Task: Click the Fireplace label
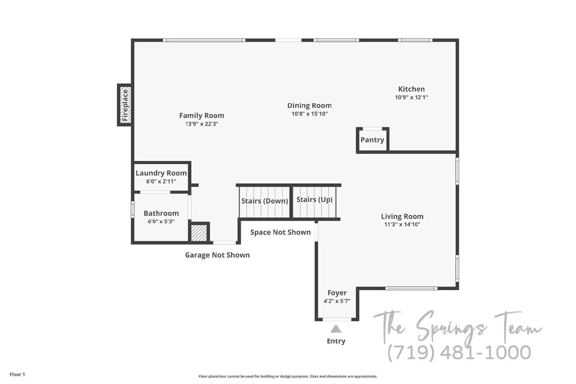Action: click(x=125, y=105)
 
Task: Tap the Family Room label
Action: click(x=202, y=116)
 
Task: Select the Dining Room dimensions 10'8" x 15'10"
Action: click(x=310, y=114)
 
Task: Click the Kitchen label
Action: click(x=411, y=89)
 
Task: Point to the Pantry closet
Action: click(x=372, y=140)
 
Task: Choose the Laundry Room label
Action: click(x=161, y=173)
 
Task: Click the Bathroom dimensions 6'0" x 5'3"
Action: click(x=161, y=222)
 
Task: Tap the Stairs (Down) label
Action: click(x=265, y=201)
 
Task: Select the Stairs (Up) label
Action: click(x=314, y=199)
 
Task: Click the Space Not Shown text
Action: click(x=280, y=232)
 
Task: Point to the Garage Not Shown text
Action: click(x=217, y=255)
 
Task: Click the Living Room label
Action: click(x=402, y=216)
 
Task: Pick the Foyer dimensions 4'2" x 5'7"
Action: click(x=337, y=301)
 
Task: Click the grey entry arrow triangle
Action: click(x=336, y=329)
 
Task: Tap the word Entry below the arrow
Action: click(x=336, y=341)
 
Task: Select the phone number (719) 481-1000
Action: click(x=459, y=353)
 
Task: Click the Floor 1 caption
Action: click(x=17, y=375)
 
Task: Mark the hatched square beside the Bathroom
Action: click(x=199, y=233)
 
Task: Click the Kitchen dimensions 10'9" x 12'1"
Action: click(x=411, y=98)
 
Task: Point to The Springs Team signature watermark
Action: click(x=457, y=327)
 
